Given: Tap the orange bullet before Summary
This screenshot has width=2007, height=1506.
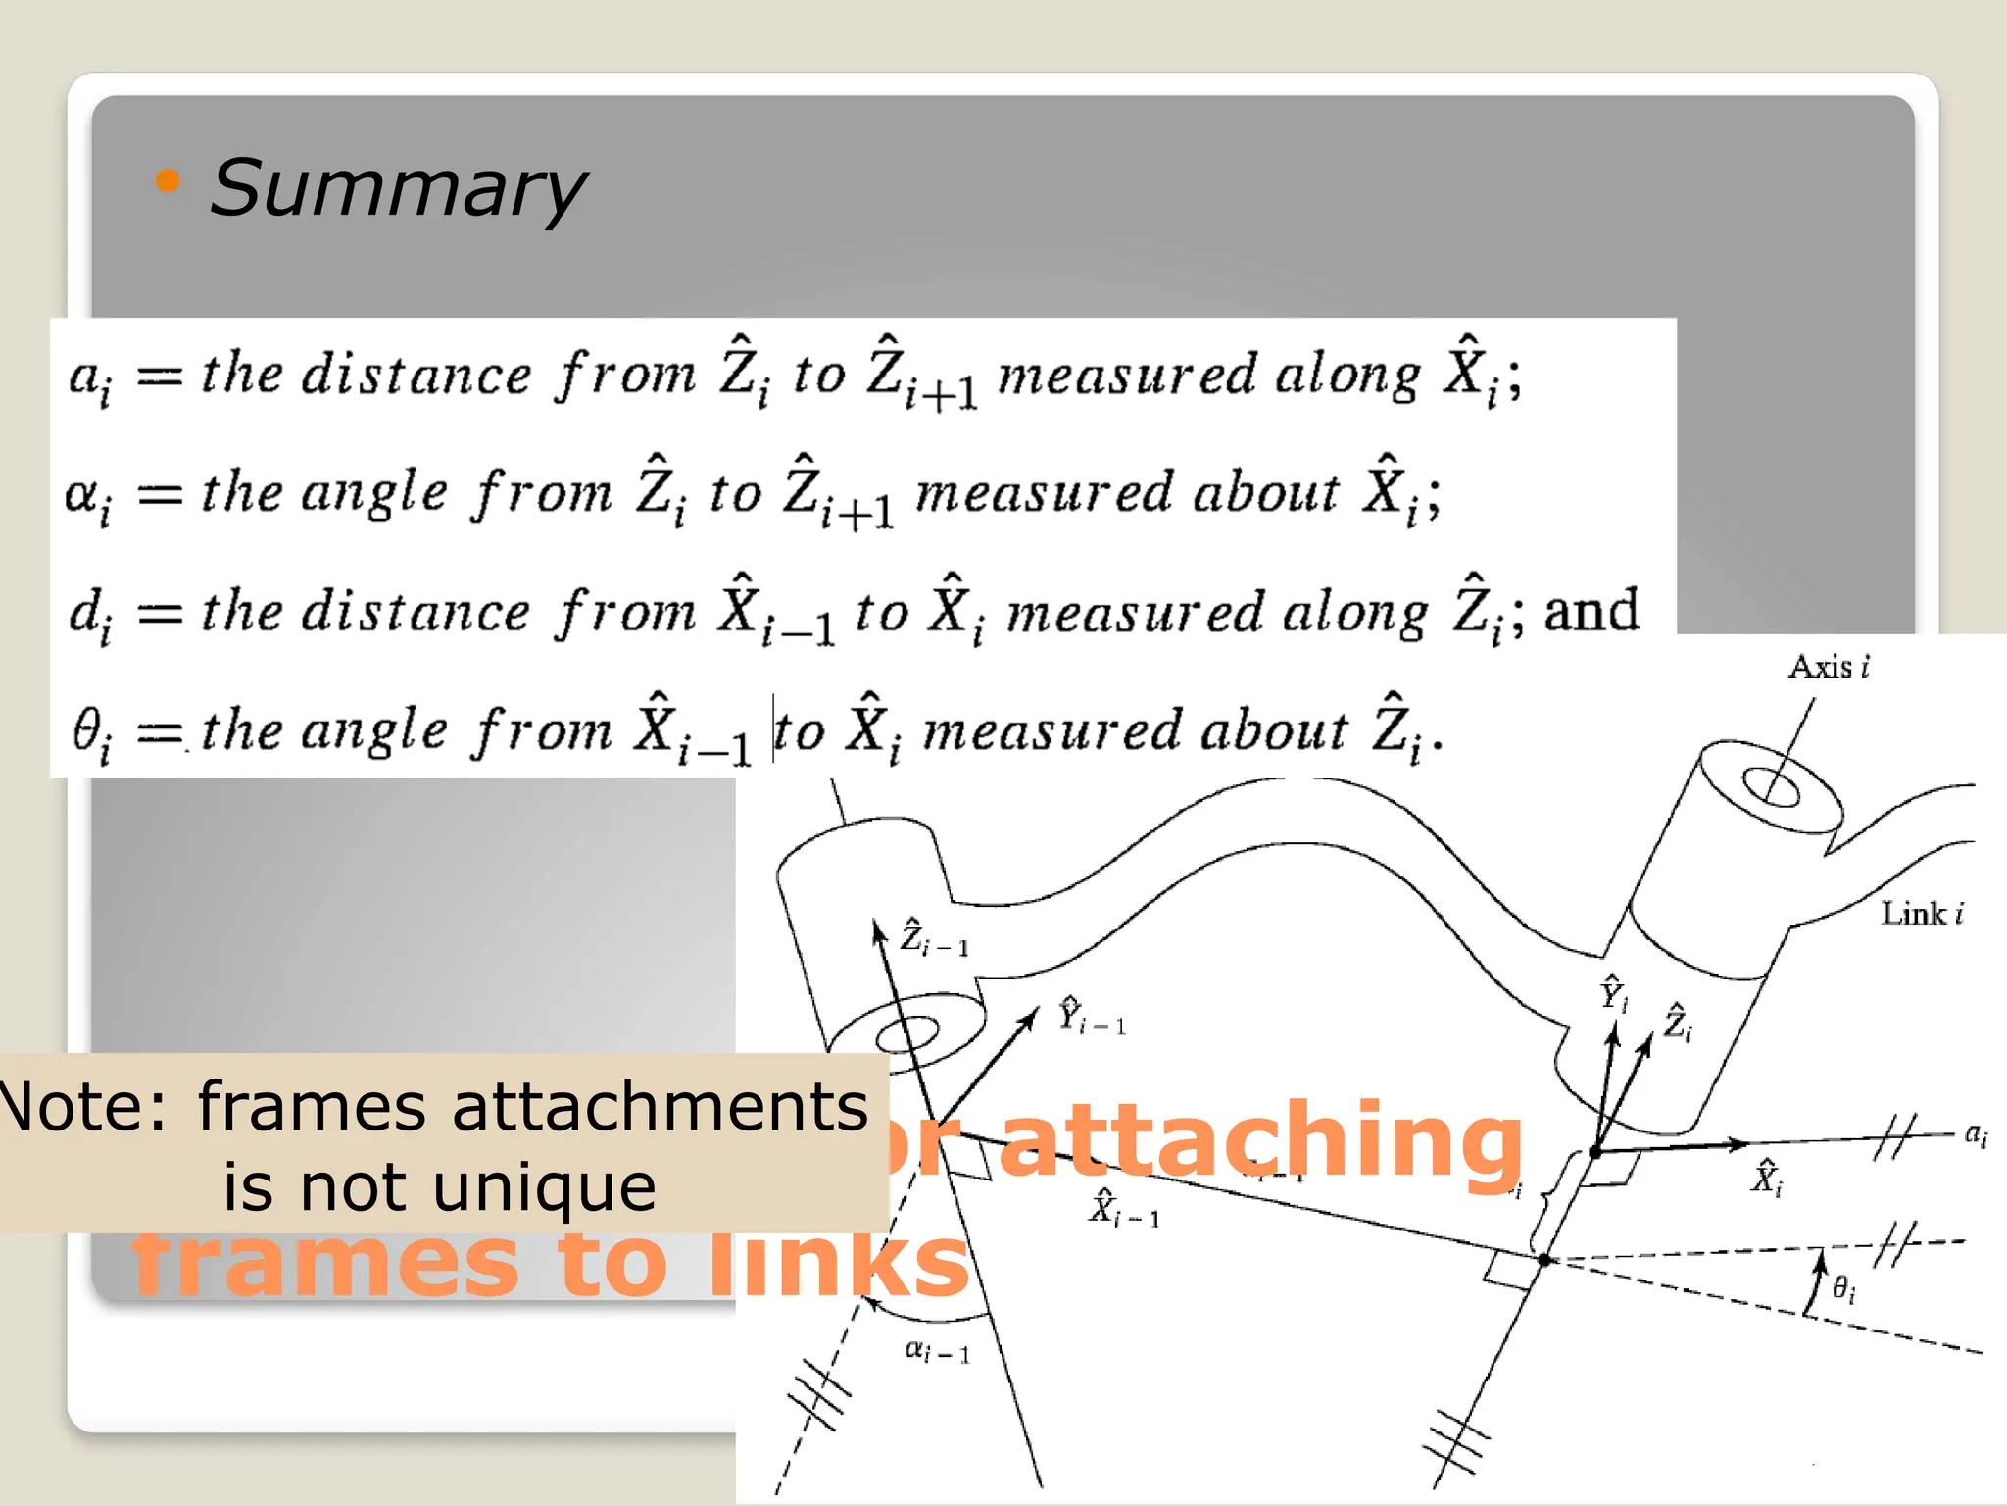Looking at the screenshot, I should click(168, 180).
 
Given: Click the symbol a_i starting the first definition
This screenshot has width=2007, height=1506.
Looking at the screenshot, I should click(90, 378).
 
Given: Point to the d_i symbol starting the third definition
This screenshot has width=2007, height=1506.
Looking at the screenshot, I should click(90, 615).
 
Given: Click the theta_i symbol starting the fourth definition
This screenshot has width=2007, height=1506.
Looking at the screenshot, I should click(91, 734).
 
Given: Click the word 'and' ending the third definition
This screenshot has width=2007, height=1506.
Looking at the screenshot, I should click(1591, 610).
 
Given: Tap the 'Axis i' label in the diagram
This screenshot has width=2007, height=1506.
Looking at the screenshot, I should click(1829, 667).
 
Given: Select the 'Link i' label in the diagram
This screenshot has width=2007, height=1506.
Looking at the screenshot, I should click(1922, 914).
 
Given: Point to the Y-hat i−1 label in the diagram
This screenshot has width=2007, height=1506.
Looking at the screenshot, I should click(1091, 1016).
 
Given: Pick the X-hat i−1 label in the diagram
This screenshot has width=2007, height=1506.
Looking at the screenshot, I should click(1123, 1208).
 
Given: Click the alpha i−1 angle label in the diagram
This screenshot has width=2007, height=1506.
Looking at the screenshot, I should click(936, 1352).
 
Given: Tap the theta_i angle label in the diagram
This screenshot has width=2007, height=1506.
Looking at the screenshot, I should click(1843, 1288).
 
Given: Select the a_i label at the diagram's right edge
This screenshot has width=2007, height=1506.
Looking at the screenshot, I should click(1976, 1135).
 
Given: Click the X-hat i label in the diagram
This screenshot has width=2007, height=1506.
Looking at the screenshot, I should click(1767, 1177).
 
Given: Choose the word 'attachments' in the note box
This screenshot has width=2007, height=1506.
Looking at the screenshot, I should click(661, 1106).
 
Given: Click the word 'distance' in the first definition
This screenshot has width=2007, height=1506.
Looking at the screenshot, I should click(416, 375).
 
